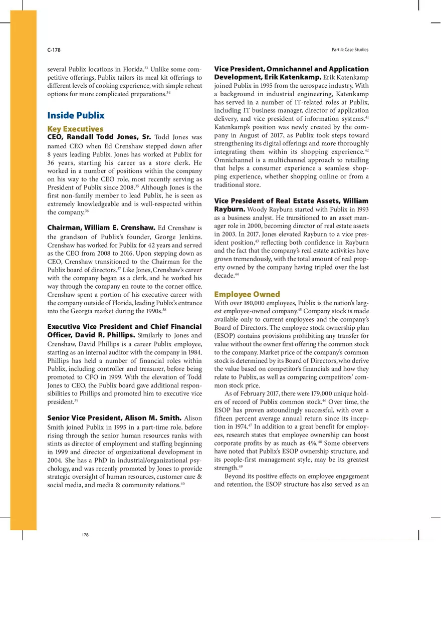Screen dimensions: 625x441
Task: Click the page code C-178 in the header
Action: coord(54,50)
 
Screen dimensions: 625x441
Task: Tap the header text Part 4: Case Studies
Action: coord(350,50)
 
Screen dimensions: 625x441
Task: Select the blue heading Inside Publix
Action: coord(76,115)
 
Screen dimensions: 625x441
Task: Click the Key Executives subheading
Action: coord(75,129)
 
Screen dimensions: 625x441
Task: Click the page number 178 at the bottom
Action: coord(85,535)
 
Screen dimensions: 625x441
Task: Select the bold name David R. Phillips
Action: coord(110,335)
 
